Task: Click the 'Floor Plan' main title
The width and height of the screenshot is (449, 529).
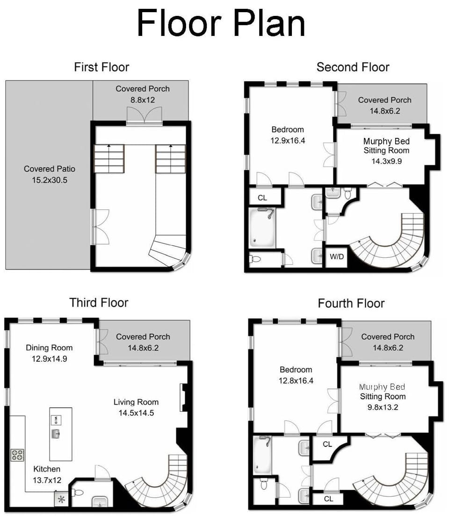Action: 221,23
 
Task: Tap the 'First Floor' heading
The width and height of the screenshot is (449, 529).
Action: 101,67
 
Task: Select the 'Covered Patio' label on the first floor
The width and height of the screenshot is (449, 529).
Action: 50,169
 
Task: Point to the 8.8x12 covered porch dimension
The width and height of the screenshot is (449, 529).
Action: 142,99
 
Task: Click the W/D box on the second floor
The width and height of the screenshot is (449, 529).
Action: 336,257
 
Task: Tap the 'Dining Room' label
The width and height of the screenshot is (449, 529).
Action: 49,347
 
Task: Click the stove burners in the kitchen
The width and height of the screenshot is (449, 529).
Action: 17,455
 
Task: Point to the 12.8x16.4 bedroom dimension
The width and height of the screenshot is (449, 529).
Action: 296,380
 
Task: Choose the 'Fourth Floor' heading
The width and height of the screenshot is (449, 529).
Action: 351,304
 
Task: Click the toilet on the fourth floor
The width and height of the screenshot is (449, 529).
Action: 263,484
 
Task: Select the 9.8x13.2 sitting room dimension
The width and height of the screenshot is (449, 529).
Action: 383,407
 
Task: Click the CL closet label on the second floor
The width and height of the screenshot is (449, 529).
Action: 262,198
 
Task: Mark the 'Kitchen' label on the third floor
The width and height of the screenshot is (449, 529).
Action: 47,469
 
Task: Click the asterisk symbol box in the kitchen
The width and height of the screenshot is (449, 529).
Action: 61,499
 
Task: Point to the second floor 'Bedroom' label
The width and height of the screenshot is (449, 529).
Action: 288,129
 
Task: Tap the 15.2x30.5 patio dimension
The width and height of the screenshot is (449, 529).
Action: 50,179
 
